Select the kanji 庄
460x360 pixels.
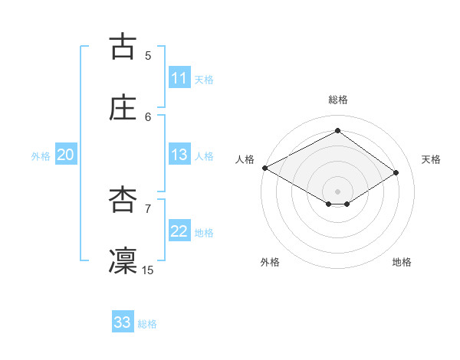[x=123, y=107]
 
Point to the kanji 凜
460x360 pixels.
[x=123, y=260]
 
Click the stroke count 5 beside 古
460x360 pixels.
[x=148, y=55]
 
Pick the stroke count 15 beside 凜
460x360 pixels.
[x=148, y=270]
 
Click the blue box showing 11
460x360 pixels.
[x=179, y=78]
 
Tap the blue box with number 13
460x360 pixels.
[x=179, y=155]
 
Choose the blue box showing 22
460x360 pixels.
[x=179, y=231]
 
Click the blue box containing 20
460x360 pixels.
[x=65, y=155]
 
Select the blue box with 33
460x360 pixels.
[x=123, y=322]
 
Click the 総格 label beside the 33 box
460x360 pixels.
[x=147, y=324]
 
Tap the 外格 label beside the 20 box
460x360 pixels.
[x=41, y=155]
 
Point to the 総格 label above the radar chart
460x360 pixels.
[x=338, y=100]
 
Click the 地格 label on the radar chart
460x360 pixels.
[x=402, y=262]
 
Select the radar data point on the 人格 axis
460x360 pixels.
[x=264, y=168]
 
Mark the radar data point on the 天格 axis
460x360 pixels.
[x=396, y=172]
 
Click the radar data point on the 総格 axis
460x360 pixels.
[x=337, y=131]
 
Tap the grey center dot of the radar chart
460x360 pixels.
[x=337, y=191]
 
